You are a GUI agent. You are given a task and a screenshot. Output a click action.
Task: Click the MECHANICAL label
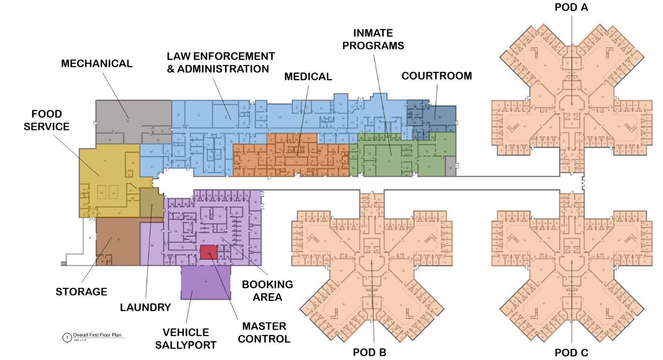pyautogui.click(x=97, y=64)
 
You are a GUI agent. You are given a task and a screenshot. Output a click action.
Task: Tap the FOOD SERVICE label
pyautogui.click(x=47, y=120)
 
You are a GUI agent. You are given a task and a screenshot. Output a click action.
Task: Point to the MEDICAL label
pyautogui.click(x=308, y=77)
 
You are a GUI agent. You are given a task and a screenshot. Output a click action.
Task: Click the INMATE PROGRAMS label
pyautogui.click(x=378, y=39)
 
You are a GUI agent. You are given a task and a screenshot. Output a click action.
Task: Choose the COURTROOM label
pyautogui.click(x=436, y=76)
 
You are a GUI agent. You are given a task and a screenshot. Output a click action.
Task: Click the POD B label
pyautogui.click(x=369, y=352)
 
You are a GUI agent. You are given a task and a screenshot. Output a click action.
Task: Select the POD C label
pyautogui.click(x=571, y=353)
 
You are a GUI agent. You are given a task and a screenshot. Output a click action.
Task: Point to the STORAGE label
pyautogui.click(x=81, y=292)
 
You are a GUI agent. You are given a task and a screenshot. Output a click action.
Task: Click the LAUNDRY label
pyautogui.click(x=145, y=307)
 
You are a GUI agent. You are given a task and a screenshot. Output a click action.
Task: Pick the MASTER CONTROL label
pyautogui.click(x=264, y=332)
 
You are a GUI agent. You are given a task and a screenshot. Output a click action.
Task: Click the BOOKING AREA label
pyautogui.click(x=267, y=290)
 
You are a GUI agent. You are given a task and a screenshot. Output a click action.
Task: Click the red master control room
pyautogui.click(x=209, y=252)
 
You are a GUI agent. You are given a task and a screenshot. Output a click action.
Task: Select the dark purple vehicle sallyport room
pyautogui.click(x=205, y=282)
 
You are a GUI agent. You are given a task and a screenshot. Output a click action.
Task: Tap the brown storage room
pyautogui.click(x=117, y=242)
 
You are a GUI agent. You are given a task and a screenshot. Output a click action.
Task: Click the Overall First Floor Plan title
pyautogui.click(x=99, y=335)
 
